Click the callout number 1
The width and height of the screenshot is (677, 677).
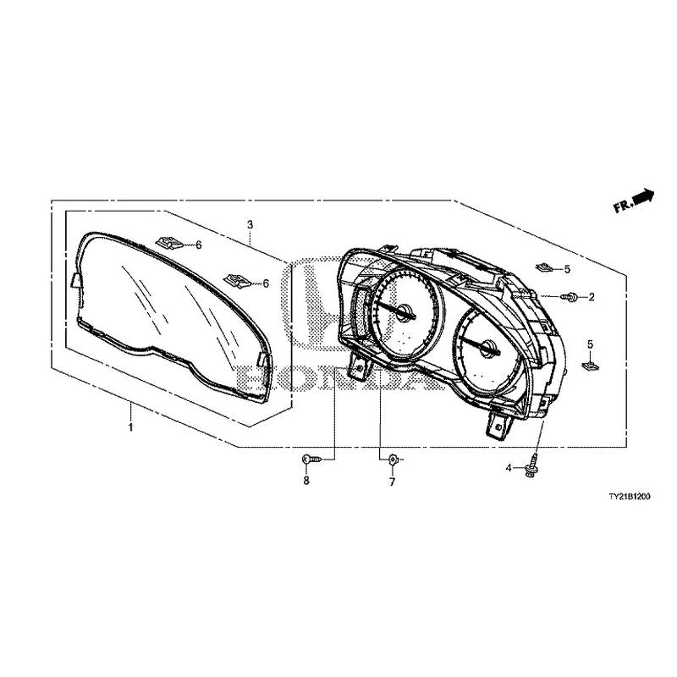pos(131,429)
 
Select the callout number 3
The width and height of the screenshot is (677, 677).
pos(250,224)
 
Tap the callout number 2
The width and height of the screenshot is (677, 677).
pos(592,297)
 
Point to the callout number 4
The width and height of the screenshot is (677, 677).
pos(509,467)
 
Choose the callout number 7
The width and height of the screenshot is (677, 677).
pos(392,482)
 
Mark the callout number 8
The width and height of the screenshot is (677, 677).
pos(306,481)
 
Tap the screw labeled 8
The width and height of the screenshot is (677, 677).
pos(310,458)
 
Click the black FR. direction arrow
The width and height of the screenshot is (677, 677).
pos(644,196)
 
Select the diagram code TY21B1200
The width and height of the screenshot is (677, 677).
pos(627,499)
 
